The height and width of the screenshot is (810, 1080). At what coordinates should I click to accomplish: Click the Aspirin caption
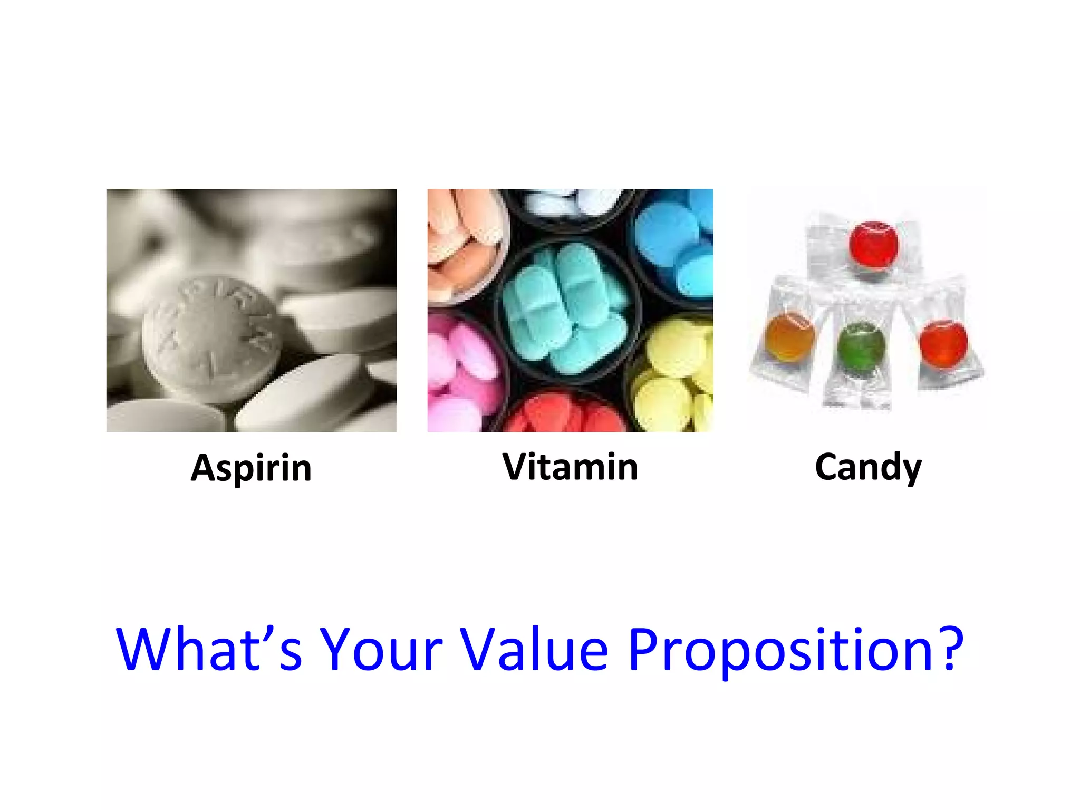tap(251, 468)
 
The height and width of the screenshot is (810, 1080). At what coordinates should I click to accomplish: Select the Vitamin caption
tap(570, 467)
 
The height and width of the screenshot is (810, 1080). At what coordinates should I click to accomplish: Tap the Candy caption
tap(868, 467)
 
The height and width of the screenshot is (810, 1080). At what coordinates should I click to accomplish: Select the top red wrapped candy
tap(874, 246)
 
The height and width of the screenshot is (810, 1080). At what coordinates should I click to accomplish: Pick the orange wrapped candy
tap(789, 337)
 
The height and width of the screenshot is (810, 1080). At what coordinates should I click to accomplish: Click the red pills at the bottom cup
tap(564, 414)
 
